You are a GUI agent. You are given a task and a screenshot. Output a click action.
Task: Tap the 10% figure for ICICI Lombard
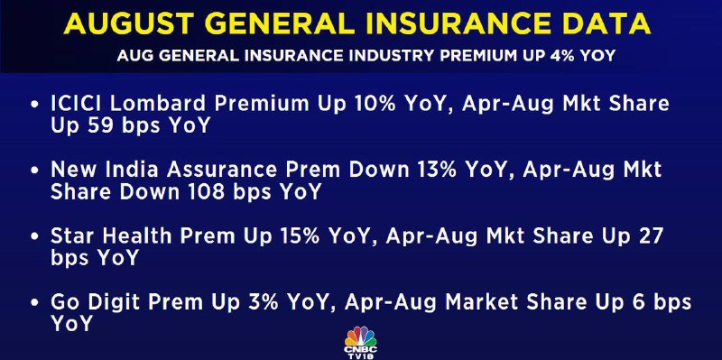[x=373, y=104]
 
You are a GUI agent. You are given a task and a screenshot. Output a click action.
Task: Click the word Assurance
[x=221, y=170]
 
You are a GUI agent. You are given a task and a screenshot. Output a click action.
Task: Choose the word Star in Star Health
[x=73, y=236]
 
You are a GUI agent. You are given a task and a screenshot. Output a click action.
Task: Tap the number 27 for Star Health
[x=649, y=236]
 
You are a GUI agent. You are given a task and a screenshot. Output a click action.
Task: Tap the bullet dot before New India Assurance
[x=34, y=171]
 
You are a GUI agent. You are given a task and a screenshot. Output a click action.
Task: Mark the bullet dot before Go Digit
[x=34, y=303]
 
